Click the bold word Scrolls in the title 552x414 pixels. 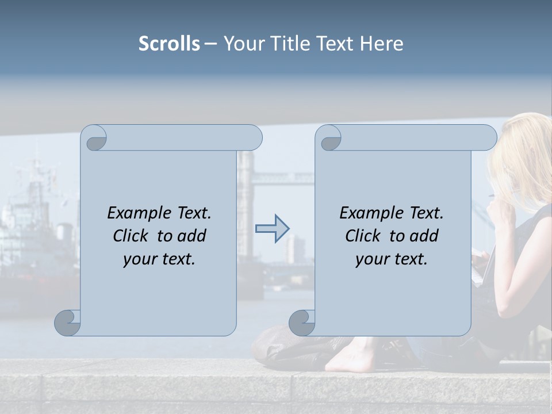[169, 44]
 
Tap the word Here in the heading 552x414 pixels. [381, 44]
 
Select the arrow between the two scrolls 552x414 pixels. [272, 229]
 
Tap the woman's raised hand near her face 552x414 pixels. [499, 212]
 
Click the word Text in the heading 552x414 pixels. [333, 44]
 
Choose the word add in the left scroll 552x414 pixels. [191, 236]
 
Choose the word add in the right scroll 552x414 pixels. [424, 236]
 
